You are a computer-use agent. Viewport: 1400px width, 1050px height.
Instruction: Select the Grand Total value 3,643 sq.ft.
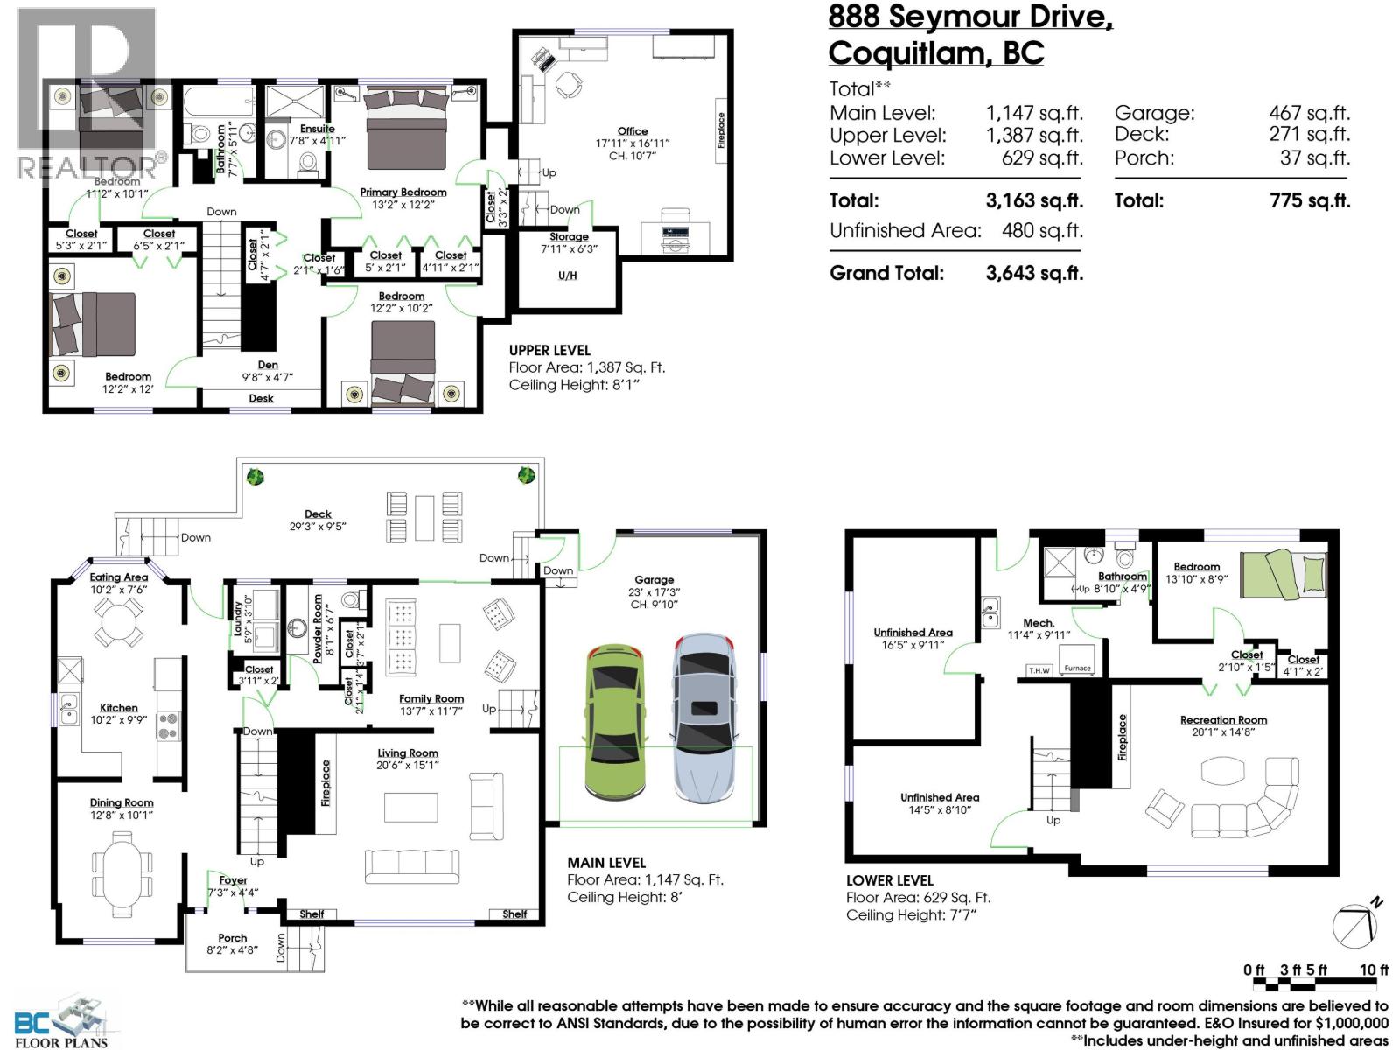[1034, 274]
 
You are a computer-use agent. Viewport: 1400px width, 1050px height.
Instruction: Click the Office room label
[632, 131]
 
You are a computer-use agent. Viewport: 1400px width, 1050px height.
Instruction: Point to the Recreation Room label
[1223, 720]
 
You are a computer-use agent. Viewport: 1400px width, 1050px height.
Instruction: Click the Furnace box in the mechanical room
[1077, 659]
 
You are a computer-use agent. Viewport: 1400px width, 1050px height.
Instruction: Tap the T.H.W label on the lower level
[1039, 670]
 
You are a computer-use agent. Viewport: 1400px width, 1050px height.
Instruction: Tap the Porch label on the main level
[232, 938]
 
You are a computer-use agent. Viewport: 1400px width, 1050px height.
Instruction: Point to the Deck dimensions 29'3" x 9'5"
[318, 527]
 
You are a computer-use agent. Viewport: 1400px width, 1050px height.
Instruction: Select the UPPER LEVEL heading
[549, 351]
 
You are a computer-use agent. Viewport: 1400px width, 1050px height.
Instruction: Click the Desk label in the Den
[261, 398]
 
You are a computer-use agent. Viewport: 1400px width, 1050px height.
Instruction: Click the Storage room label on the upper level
[569, 236]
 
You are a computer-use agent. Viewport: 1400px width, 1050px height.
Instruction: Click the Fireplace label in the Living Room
[325, 783]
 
